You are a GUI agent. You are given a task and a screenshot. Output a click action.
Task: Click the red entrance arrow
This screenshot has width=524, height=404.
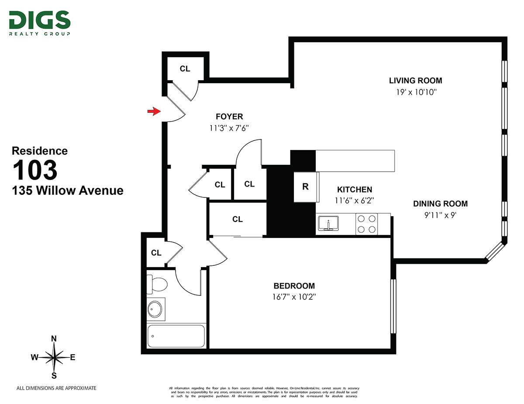(x=152, y=112)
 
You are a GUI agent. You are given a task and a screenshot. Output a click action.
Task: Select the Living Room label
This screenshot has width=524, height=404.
(x=415, y=81)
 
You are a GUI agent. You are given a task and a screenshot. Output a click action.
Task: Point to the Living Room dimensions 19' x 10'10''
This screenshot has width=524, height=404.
(x=415, y=92)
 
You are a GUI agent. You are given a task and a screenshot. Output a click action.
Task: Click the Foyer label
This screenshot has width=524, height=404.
(x=229, y=117)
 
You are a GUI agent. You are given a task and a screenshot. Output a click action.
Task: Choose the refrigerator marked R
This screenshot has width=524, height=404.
(x=306, y=187)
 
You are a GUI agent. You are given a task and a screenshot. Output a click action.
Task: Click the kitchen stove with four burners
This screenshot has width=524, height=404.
(x=366, y=224)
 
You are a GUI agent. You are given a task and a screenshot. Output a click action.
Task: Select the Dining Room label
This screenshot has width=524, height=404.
(x=440, y=204)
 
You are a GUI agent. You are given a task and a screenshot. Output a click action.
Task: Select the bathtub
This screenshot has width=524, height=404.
(x=176, y=336)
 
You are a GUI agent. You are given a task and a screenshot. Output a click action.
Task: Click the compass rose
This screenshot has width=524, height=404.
(x=54, y=357)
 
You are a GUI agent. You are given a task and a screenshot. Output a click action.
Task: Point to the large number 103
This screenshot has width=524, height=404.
(x=35, y=170)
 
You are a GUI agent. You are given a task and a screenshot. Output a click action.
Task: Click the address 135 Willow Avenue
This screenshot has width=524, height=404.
(x=67, y=190)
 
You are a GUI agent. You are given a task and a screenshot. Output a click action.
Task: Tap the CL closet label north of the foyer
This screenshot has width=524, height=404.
(x=185, y=69)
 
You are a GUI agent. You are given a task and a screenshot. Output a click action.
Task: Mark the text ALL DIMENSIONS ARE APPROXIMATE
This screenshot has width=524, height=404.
(x=56, y=388)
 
